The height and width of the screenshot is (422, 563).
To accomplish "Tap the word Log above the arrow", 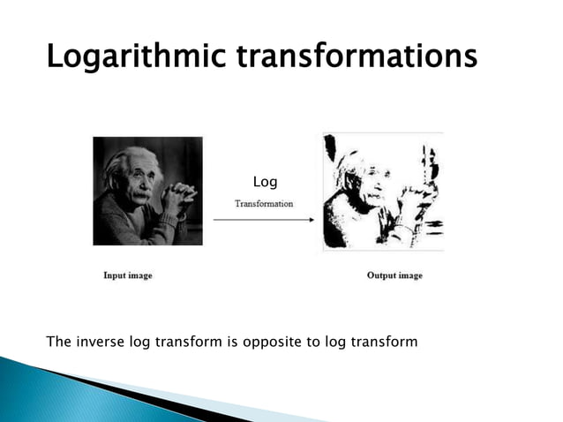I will [x=265, y=182].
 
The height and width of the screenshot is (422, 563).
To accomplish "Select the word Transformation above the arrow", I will [x=264, y=204].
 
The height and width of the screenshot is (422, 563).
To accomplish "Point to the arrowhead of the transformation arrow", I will [x=312, y=221].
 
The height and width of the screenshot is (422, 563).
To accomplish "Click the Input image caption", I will [x=128, y=275].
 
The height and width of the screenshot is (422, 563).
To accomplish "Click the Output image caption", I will [x=394, y=275].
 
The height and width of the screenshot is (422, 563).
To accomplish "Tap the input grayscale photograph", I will [x=147, y=191].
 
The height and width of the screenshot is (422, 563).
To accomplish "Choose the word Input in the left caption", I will [x=116, y=275].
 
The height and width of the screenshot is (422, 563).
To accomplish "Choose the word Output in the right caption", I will [x=380, y=275].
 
